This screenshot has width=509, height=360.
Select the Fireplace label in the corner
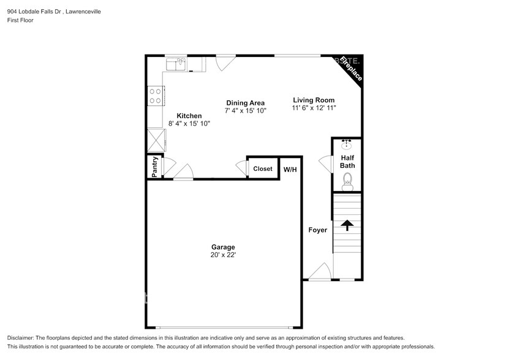click(352, 69)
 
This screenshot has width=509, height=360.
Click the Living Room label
click(313, 100)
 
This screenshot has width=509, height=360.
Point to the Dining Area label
click(245, 103)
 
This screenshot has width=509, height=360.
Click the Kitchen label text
click(189, 116)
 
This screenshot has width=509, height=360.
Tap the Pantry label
click(155, 167)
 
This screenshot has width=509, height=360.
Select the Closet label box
click(263, 168)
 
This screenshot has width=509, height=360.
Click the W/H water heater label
click(290, 169)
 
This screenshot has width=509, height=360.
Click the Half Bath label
click(347, 162)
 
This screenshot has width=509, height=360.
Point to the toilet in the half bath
click(347, 180)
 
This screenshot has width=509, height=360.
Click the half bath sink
click(347, 145)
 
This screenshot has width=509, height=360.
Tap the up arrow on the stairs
click(347, 226)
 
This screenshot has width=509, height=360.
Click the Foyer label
click(317, 230)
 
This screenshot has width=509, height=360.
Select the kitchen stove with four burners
click(154, 96)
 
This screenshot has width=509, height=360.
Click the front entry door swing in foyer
click(320, 272)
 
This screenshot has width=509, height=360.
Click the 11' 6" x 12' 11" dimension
click(313, 108)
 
